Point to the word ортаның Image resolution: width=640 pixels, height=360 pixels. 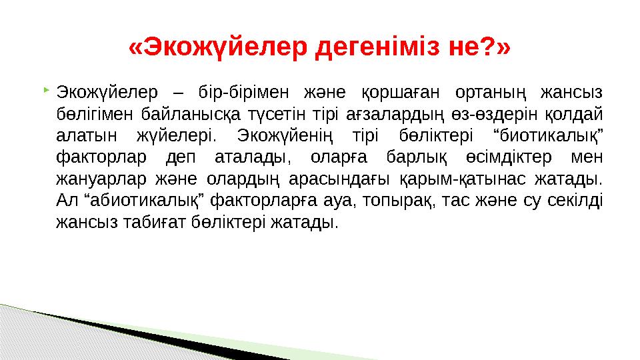click(x=501, y=91)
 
